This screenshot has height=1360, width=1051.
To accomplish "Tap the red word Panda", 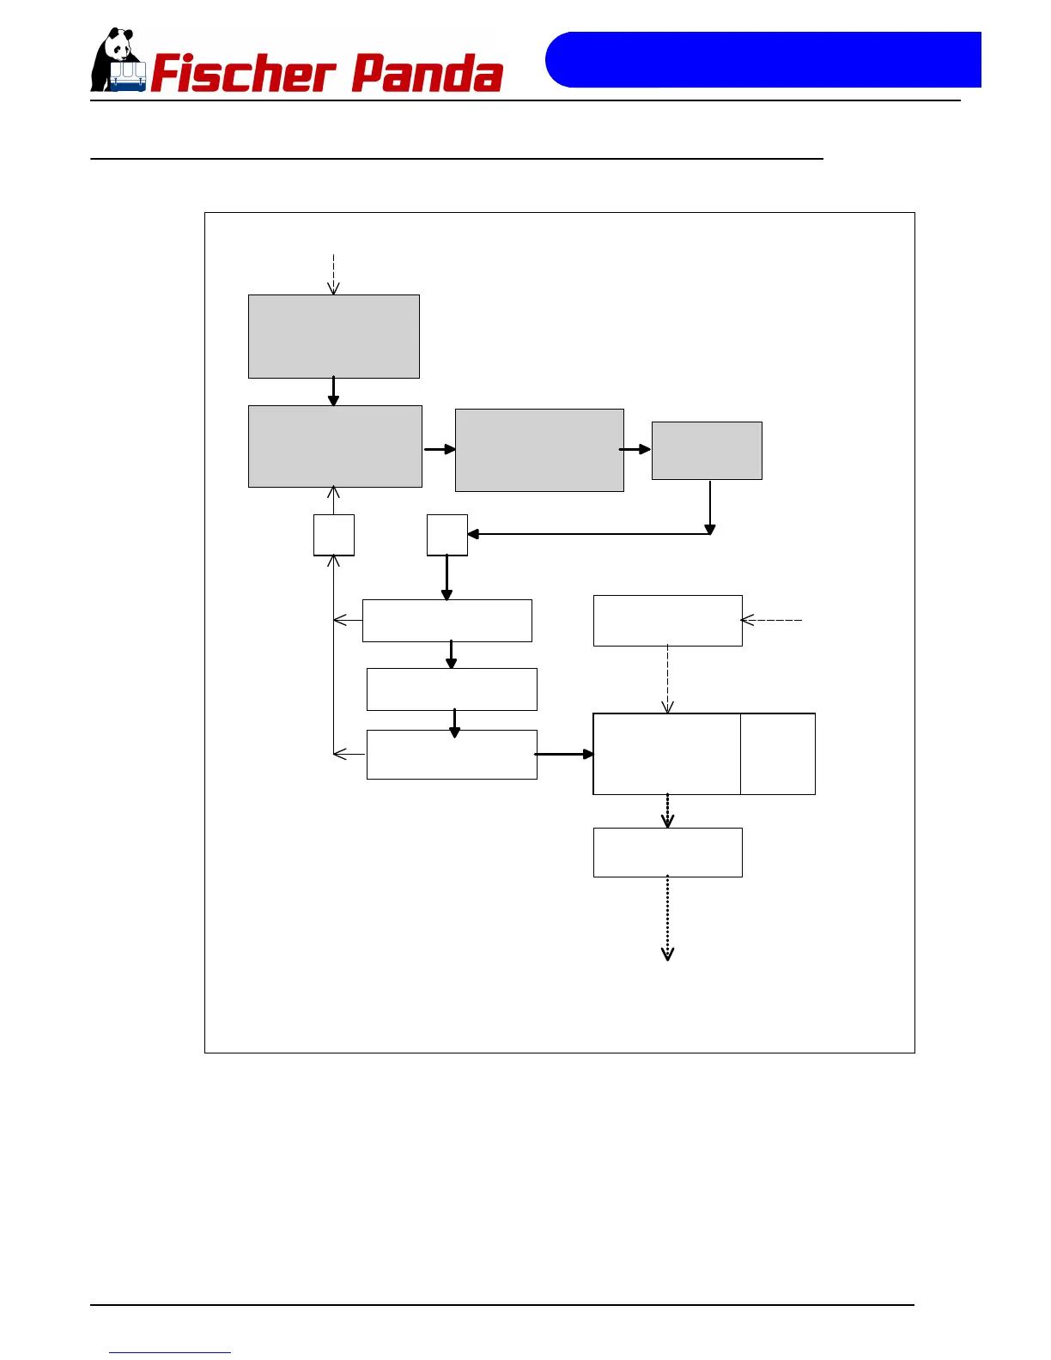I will click(427, 74).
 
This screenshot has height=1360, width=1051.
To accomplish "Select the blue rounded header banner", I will click(762, 60).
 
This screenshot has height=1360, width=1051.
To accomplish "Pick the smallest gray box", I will click(707, 451).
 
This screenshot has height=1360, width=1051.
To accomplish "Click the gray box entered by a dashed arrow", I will click(334, 337).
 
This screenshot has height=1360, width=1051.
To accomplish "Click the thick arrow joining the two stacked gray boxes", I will click(333, 392).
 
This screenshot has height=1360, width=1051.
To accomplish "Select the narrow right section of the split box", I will click(778, 754).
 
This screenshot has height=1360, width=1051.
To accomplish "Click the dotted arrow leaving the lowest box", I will click(667, 918).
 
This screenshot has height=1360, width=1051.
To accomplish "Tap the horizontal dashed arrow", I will click(772, 620).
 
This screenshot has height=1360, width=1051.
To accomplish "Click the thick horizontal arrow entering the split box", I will click(564, 754).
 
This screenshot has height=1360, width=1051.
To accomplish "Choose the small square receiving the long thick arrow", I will click(447, 535).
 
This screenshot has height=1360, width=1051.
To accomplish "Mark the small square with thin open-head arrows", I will click(334, 535).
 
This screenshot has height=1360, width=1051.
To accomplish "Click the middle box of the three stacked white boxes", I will click(452, 689).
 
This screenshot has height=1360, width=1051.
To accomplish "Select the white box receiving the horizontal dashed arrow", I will click(667, 621).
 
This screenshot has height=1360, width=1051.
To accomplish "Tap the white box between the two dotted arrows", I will click(667, 853).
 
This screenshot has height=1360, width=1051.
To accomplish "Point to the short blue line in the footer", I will click(170, 1352).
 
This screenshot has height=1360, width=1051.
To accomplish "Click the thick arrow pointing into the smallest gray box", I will click(636, 449).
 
